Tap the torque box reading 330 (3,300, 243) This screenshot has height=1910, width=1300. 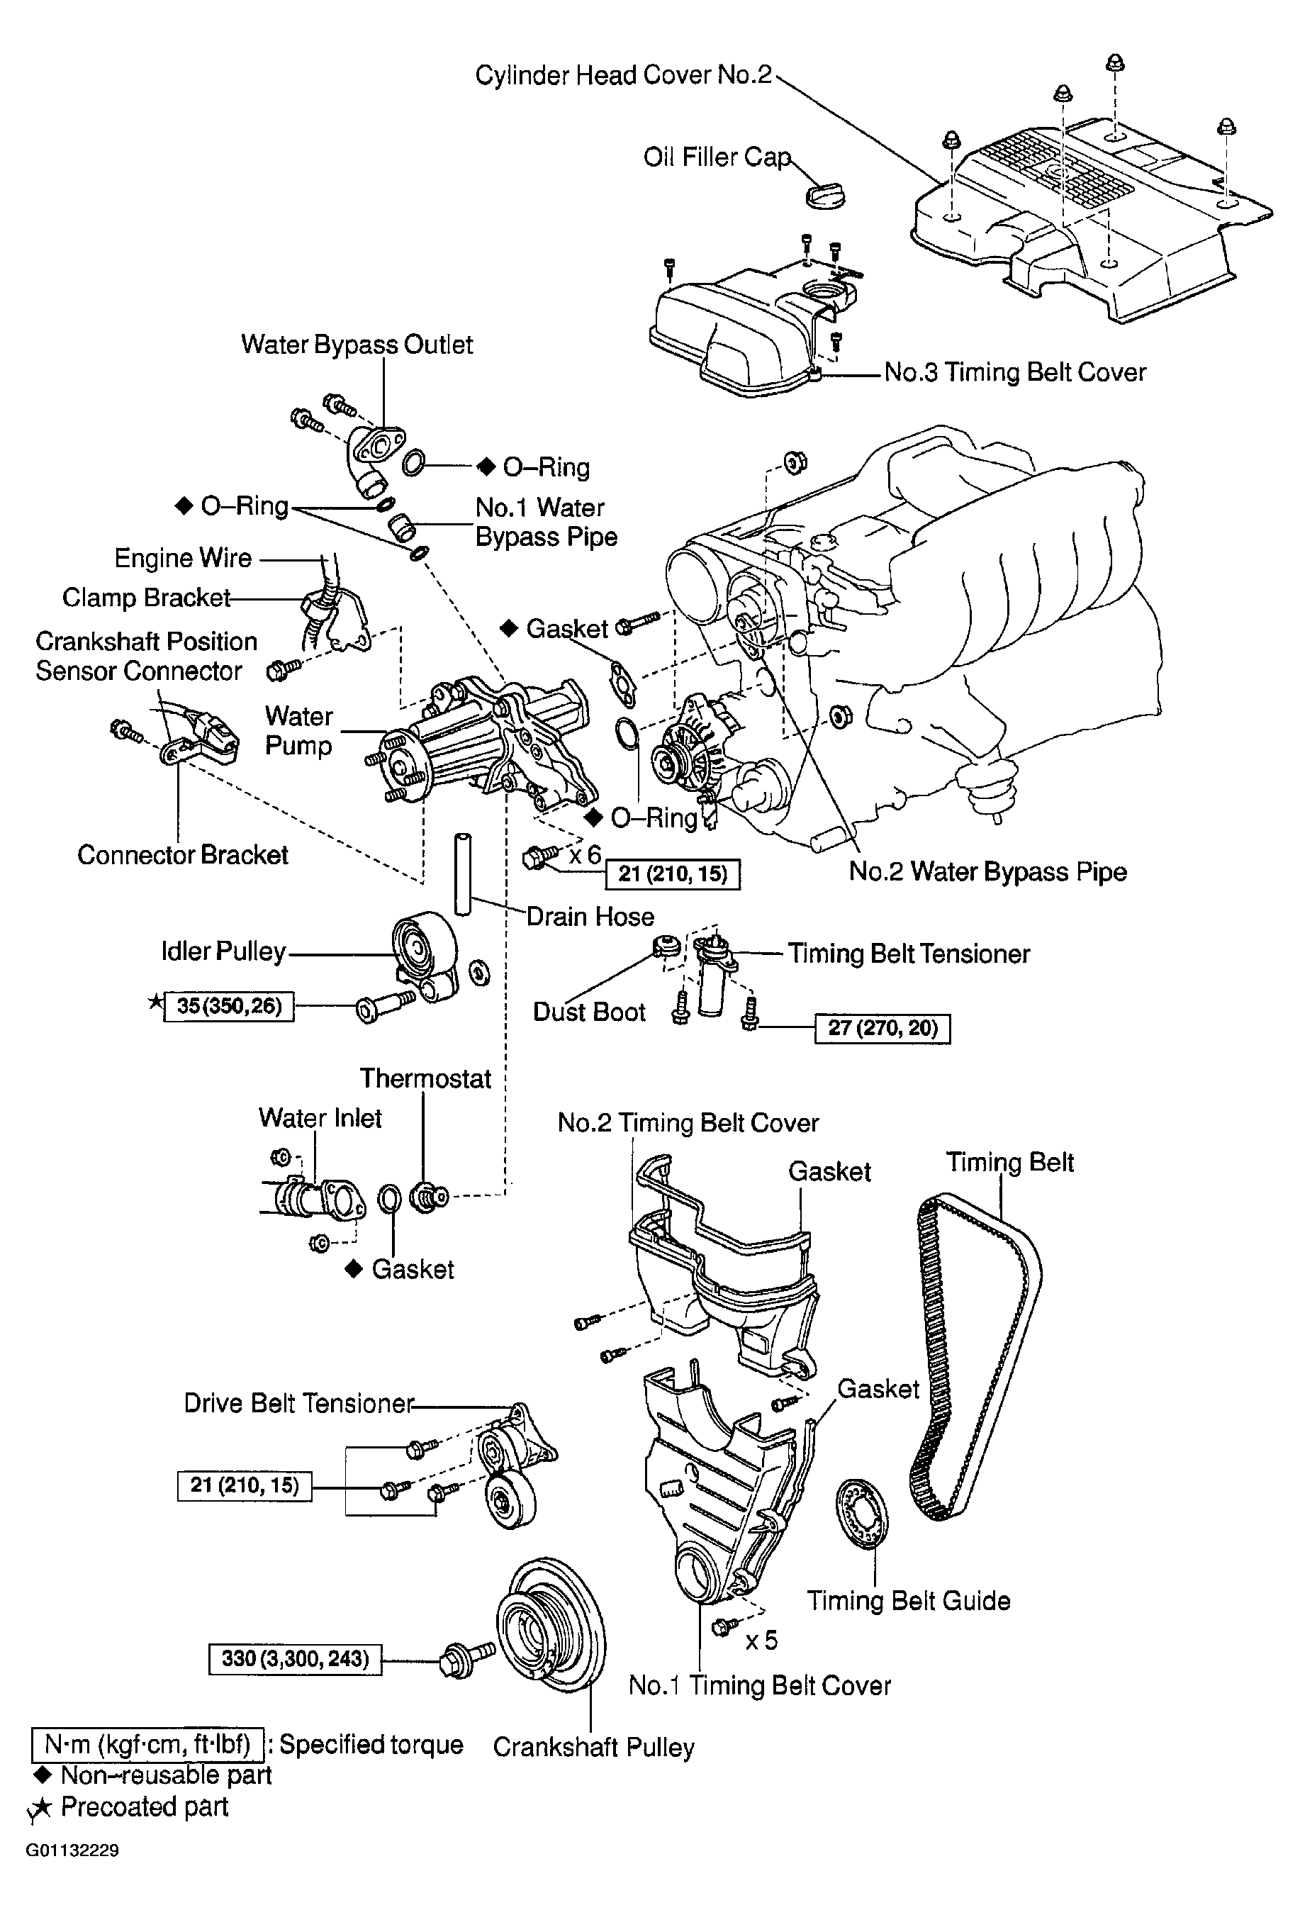pyautogui.click(x=295, y=1658)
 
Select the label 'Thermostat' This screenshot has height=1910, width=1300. pyautogui.click(x=425, y=1078)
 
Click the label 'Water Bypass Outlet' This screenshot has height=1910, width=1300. pyautogui.click(x=357, y=345)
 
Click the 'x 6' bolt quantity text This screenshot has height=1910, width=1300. pyautogui.click(x=585, y=855)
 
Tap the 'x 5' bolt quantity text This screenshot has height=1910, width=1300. pyautogui.click(x=761, y=1640)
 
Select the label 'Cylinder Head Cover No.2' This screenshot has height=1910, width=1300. pyautogui.click(x=624, y=74)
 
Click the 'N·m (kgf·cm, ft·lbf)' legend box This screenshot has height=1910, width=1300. pyautogui.click(x=148, y=1745)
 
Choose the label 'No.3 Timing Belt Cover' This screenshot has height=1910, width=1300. pyautogui.click(x=1015, y=372)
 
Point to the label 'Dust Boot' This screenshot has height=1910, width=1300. pyautogui.click(x=589, y=1012)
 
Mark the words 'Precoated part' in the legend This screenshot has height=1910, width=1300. pyautogui.click(x=145, y=1806)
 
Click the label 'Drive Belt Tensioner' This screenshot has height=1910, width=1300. pyautogui.click(x=299, y=1403)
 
